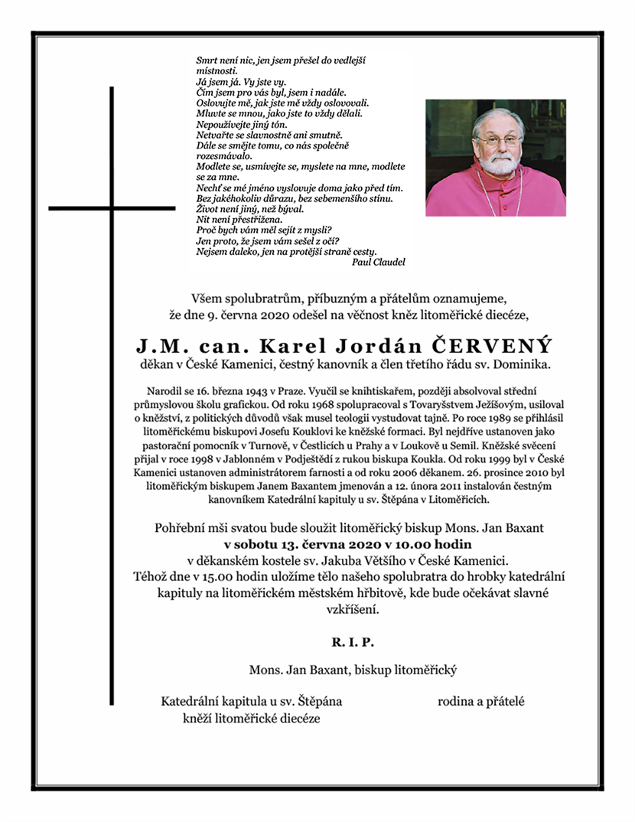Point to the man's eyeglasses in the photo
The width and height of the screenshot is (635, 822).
point(498,141)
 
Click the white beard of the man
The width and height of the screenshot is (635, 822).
point(497,163)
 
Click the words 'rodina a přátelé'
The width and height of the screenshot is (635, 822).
point(480,701)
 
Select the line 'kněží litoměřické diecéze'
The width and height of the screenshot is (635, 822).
point(251,718)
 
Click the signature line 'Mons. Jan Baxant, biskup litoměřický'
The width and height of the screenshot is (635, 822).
point(352,670)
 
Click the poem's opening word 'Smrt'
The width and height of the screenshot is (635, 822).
point(207,59)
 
